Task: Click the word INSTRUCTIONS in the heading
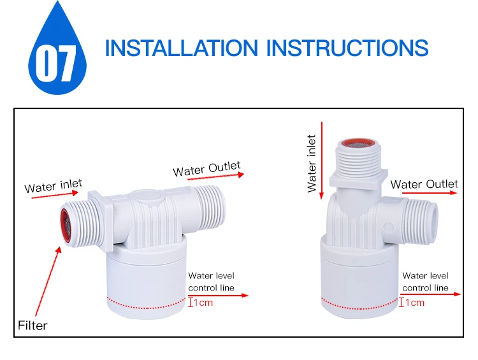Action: [x=347, y=48]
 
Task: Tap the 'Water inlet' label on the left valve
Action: [x=54, y=187]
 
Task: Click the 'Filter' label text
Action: [x=33, y=326]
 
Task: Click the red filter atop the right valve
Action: [x=357, y=141]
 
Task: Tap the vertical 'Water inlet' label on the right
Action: [x=312, y=163]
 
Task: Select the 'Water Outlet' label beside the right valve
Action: [x=424, y=184]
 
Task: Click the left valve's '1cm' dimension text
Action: [x=203, y=303]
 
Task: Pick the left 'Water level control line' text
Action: [x=211, y=282]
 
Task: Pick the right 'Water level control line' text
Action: [x=425, y=282]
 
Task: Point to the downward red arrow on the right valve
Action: [x=324, y=159]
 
